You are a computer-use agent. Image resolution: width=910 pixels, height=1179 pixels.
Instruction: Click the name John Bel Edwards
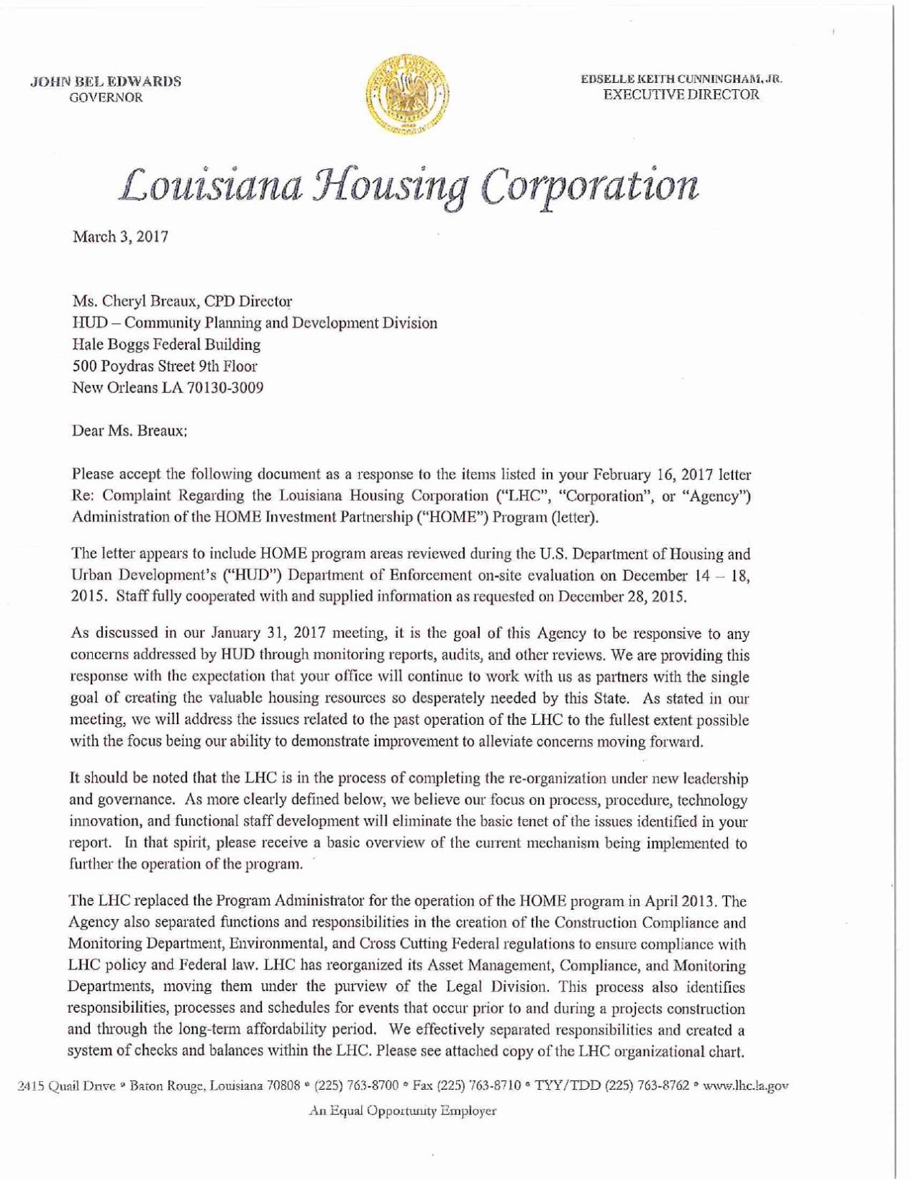pos(105,81)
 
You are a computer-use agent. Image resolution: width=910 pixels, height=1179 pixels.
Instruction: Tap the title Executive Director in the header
pos(681,94)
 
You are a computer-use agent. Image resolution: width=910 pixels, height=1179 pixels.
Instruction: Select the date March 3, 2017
pos(120,237)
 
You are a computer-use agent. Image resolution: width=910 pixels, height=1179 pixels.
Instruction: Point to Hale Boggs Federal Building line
pos(166,344)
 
